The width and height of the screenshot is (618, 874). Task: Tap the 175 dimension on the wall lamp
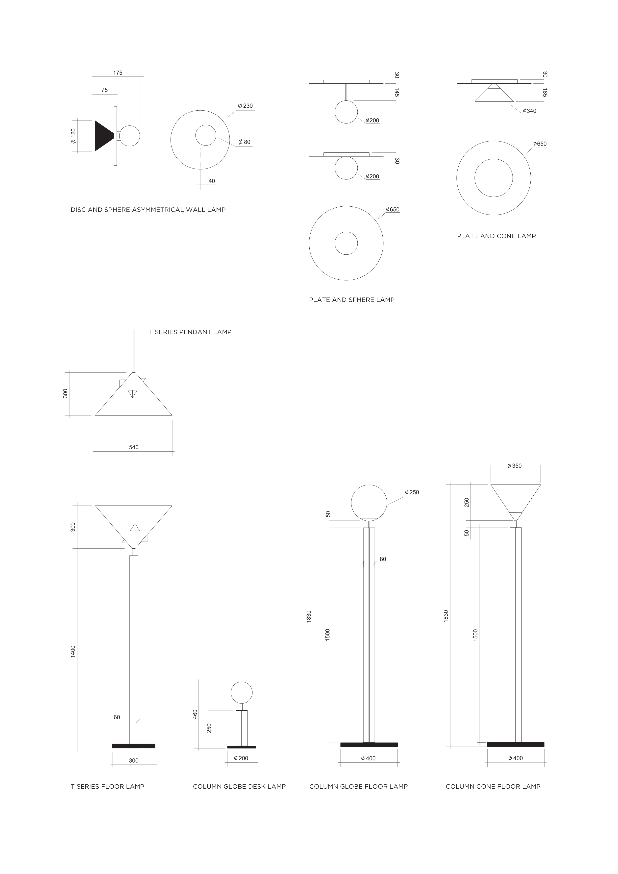pos(118,73)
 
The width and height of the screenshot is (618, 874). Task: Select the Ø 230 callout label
pos(246,106)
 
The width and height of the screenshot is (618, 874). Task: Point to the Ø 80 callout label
pos(245,142)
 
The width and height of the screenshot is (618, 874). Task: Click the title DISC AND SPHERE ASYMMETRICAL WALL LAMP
pos(148,210)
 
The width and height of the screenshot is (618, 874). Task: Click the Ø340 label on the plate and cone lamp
pos(530,111)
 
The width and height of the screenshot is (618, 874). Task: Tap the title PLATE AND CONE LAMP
pos(496,236)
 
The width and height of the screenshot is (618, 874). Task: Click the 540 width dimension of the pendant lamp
pos(134,447)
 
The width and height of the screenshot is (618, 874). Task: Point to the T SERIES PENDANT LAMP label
pos(190,332)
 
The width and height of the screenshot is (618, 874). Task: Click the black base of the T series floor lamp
pos(134,746)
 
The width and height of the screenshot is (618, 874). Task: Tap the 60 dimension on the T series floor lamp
pos(117,717)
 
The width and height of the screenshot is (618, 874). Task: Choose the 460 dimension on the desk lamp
pos(195,714)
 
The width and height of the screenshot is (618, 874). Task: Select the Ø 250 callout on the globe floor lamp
pos(412,492)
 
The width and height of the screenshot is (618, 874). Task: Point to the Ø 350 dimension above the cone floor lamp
pos(515,465)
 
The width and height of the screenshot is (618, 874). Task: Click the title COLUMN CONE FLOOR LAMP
pos(493,786)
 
